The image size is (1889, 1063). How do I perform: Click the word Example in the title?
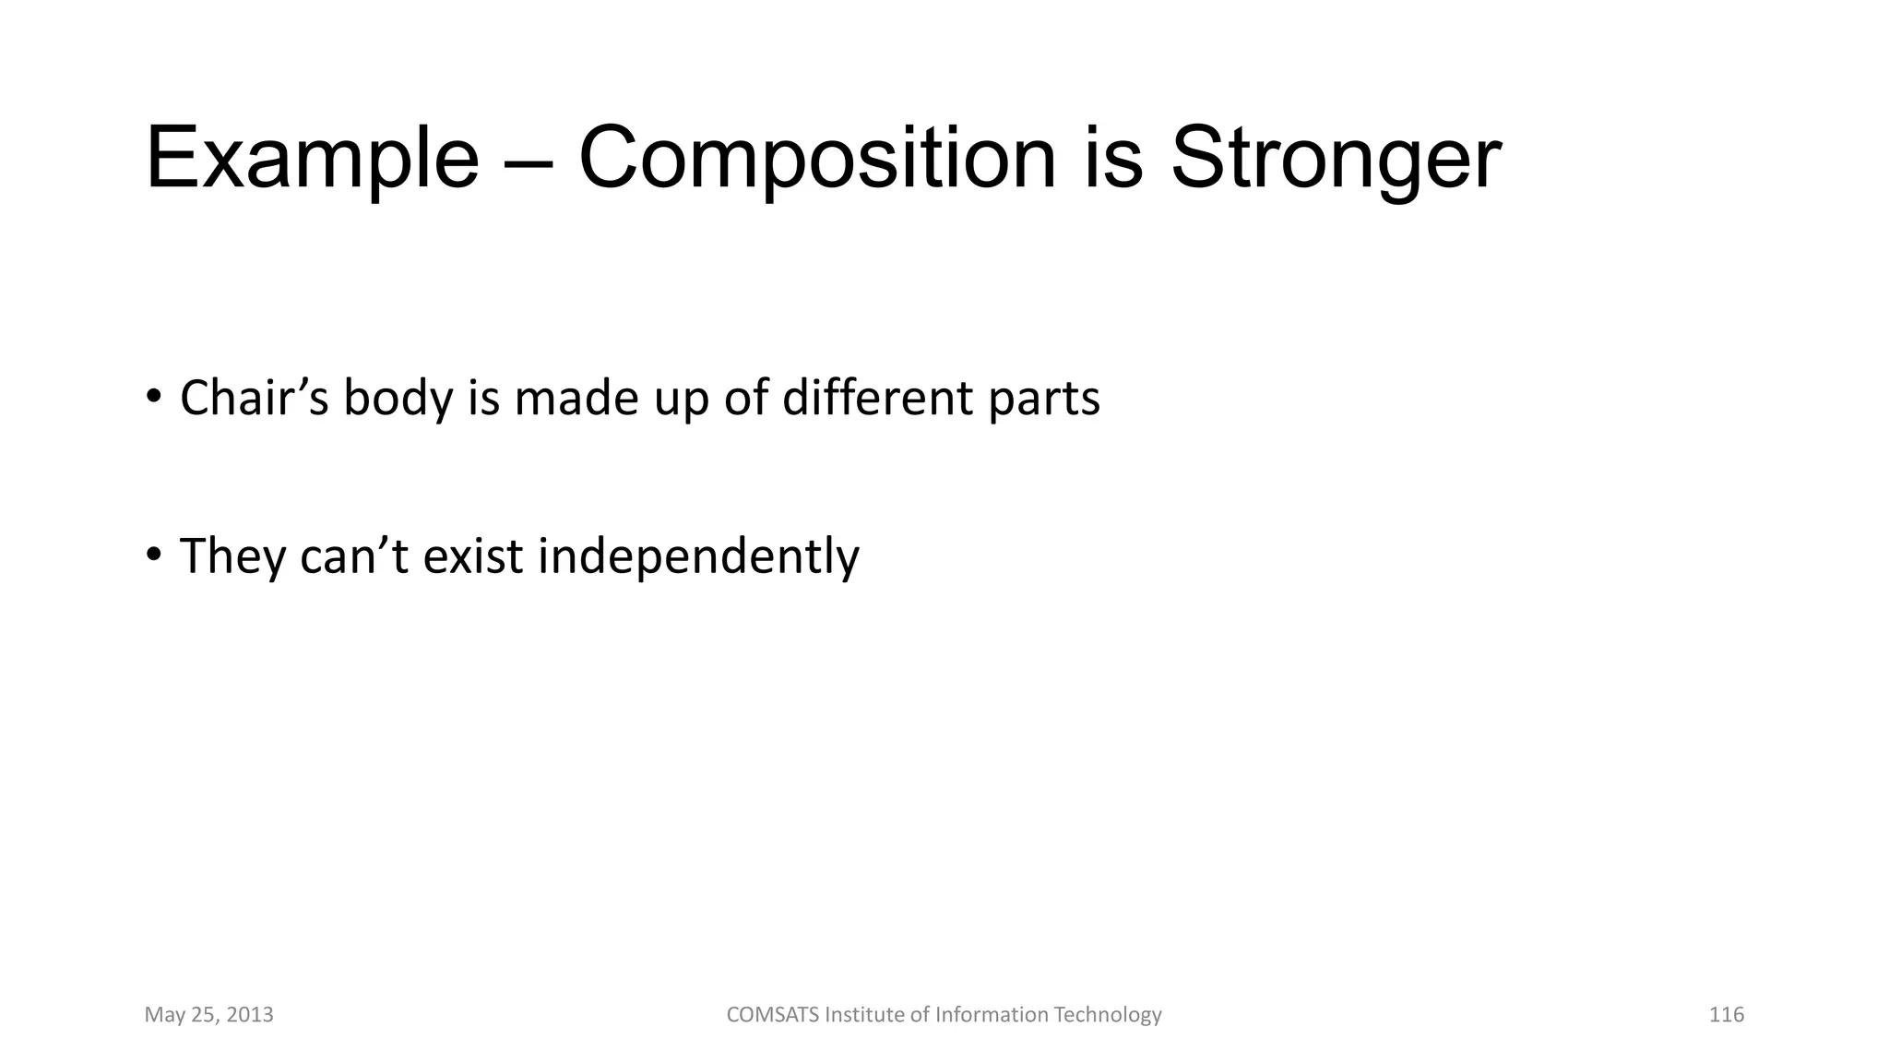[312, 159]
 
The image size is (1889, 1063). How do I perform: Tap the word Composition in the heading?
[816, 159]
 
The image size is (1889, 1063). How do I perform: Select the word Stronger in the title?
[1336, 159]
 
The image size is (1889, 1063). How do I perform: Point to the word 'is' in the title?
[1111, 159]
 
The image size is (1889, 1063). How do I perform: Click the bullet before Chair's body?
[153, 397]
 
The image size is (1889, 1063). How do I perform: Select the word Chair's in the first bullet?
[254, 399]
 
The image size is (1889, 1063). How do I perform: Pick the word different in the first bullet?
[877, 399]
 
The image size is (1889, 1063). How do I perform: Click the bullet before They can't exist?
[153, 555]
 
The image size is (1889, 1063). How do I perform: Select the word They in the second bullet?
[232, 556]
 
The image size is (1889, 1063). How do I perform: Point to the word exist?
[472, 556]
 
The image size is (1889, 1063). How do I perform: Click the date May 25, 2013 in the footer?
[208, 1015]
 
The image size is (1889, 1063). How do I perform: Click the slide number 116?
[1726, 1015]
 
